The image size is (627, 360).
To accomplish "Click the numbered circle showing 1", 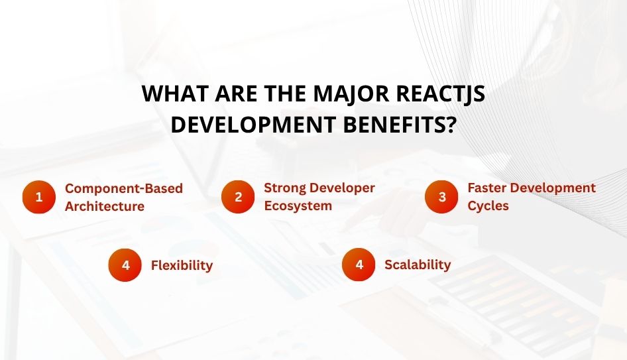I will (x=39, y=197).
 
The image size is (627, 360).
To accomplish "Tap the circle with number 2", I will (x=238, y=197).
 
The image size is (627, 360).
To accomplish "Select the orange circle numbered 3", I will (x=441, y=197).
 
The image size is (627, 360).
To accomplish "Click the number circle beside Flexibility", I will (x=125, y=265).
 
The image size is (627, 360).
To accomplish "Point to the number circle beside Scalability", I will (x=359, y=265).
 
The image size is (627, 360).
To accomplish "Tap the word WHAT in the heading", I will (x=174, y=95).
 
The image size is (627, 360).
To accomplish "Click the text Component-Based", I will (x=124, y=188).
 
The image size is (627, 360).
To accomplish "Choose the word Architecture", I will (x=105, y=206).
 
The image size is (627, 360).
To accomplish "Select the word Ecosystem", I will (x=298, y=206).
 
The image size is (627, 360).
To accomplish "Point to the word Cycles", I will (x=488, y=206).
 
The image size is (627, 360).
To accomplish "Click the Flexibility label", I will (x=182, y=265).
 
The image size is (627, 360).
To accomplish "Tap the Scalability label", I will (x=418, y=265).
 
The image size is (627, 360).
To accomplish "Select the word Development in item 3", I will (x=556, y=188).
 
